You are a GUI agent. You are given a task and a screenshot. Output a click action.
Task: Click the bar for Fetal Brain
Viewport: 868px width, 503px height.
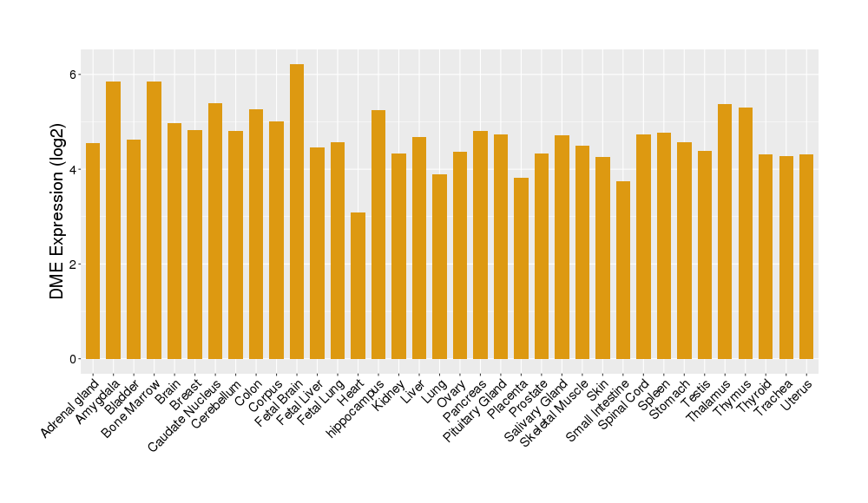(x=297, y=212)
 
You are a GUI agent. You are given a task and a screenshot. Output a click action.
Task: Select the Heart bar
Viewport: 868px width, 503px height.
(x=358, y=285)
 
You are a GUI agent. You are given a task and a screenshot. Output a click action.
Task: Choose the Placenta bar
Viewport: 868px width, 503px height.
(x=521, y=268)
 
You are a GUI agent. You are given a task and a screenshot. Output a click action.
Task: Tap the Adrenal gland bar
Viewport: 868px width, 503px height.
(x=93, y=251)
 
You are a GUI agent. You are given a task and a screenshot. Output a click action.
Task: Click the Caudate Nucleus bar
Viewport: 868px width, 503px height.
(x=215, y=231)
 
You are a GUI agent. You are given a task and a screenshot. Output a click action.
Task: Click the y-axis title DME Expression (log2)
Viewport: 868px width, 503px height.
(x=57, y=217)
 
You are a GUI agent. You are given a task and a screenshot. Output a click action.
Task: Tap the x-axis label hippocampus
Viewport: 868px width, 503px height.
(x=357, y=406)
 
